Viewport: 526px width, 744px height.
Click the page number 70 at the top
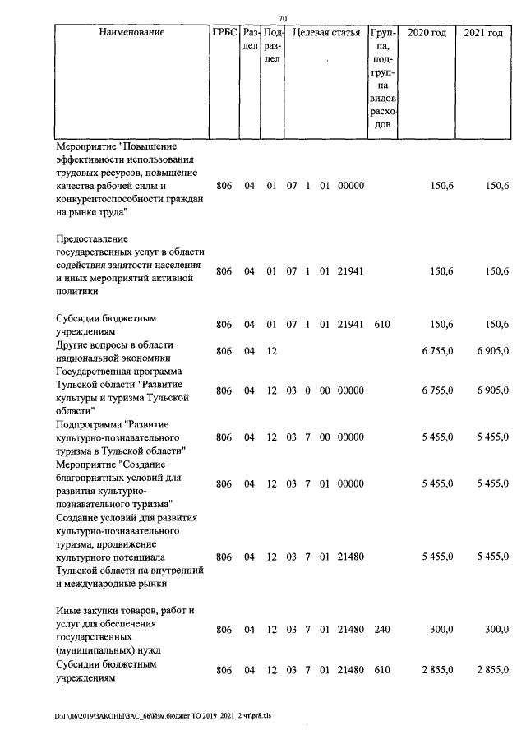283,18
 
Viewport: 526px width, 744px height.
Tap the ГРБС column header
224,33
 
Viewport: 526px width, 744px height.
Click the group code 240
381,630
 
